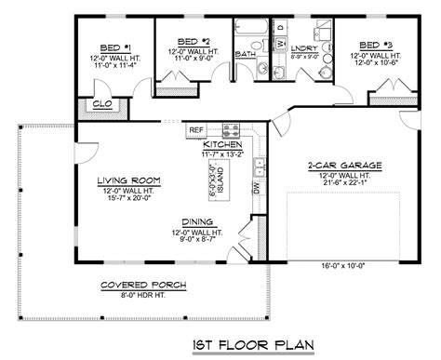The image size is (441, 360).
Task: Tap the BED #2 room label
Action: pyautogui.click(x=190, y=42)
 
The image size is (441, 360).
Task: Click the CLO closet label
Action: pyautogui.click(x=103, y=105)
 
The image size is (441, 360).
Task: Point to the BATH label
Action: pyautogui.click(x=245, y=54)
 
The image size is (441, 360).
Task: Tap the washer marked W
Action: pyautogui.click(x=280, y=44)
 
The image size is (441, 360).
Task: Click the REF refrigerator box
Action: pyautogui.click(x=196, y=130)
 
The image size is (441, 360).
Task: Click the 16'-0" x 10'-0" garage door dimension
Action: pyautogui.click(x=337, y=265)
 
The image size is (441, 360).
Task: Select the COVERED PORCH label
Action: pyautogui.click(x=144, y=285)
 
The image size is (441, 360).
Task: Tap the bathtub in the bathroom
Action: pyautogui.click(x=249, y=28)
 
